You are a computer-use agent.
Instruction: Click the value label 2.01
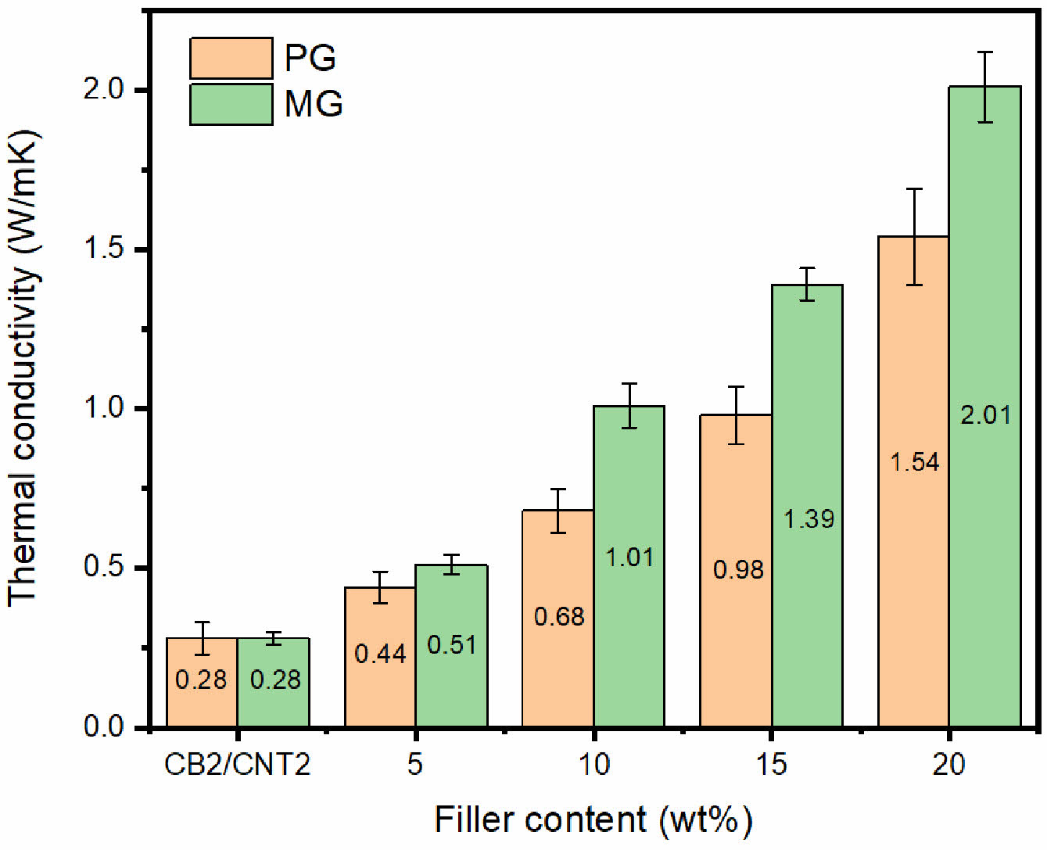coord(985,414)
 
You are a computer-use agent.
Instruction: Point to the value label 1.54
coord(914,462)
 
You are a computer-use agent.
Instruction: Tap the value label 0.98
coord(737,569)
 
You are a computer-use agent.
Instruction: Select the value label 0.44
coord(380,654)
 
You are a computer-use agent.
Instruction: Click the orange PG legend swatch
coord(231,58)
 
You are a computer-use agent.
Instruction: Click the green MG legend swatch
coord(231,104)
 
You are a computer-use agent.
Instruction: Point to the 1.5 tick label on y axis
coord(105,249)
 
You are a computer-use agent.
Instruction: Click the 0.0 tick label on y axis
coord(105,726)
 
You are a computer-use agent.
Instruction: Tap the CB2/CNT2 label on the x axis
coord(237,764)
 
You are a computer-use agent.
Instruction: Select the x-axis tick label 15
coord(771,764)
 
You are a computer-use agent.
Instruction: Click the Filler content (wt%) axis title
coord(593,820)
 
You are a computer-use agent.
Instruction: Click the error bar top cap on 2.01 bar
coord(985,52)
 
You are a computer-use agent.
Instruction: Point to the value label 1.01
coord(629,557)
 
